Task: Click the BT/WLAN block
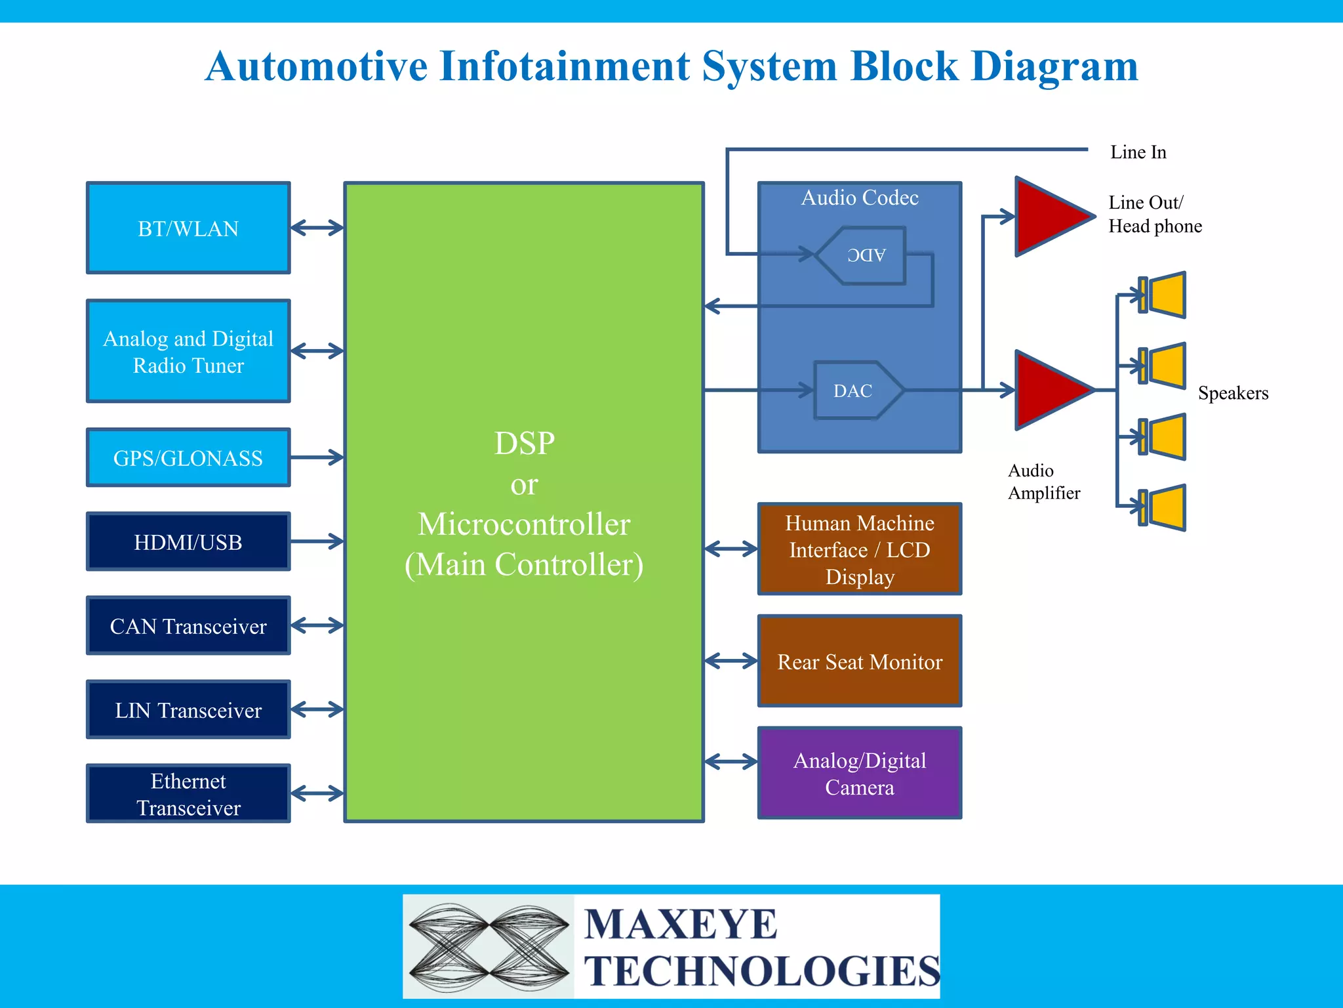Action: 188,228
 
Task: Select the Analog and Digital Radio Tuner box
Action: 188,351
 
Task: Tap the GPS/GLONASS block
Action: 188,457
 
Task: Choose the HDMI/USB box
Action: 188,541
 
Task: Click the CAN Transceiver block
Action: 188,625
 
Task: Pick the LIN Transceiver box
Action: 188,709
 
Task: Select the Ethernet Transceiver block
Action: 188,793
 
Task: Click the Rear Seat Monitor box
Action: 859,661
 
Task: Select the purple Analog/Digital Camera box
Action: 859,772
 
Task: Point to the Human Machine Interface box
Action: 859,549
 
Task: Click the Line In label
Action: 1138,152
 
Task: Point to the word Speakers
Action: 1233,392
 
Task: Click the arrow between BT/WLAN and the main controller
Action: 317,228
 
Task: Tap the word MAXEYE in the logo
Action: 681,925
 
